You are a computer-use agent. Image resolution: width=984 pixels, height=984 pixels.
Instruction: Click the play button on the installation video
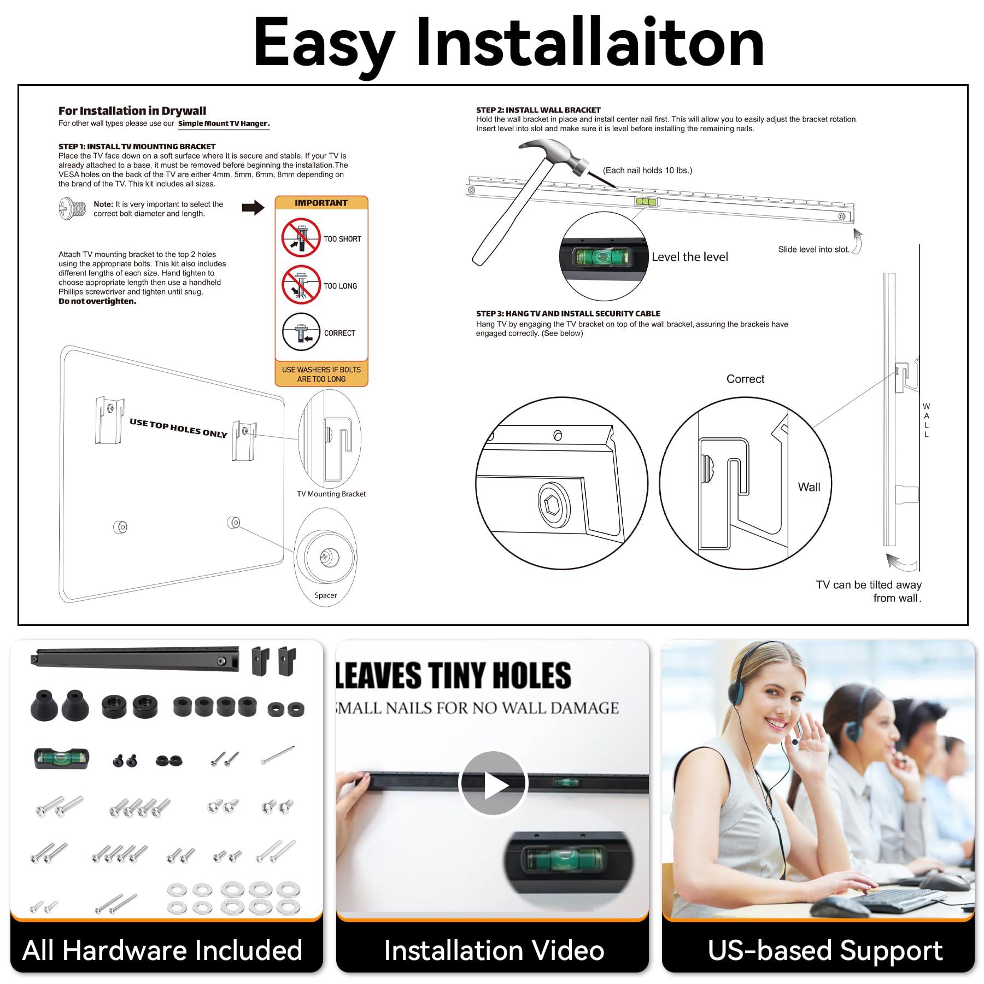point(493,783)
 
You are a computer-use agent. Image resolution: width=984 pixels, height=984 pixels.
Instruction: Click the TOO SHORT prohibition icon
point(301,238)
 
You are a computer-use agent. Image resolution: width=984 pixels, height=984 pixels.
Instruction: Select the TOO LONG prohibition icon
point(301,285)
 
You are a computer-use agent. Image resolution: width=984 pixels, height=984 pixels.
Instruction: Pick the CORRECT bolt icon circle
point(301,332)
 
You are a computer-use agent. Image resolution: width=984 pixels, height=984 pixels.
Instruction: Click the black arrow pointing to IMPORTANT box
point(253,207)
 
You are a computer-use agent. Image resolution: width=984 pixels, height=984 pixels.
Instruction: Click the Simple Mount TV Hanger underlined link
point(224,124)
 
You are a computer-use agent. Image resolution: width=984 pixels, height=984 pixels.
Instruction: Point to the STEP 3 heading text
point(567,313)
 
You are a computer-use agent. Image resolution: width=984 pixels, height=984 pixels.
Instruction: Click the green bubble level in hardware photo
point(61,758)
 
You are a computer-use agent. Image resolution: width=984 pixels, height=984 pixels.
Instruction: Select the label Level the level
point(689,257)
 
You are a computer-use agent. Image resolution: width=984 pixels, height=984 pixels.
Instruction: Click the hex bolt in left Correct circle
point(554,503)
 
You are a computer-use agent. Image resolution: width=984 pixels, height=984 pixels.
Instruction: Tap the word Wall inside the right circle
point(809,487)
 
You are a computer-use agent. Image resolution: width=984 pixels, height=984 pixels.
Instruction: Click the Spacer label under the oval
point(325,595)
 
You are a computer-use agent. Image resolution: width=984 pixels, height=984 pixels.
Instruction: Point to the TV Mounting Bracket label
point(331,494)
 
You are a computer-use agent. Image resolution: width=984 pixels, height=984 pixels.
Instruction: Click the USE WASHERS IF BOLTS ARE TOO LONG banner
point(321,374)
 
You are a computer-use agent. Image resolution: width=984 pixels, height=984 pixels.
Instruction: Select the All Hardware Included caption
point(162,951)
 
